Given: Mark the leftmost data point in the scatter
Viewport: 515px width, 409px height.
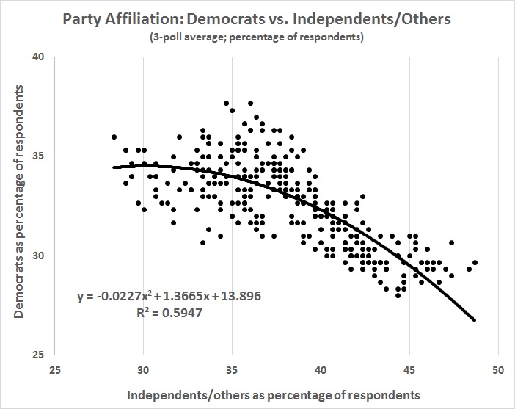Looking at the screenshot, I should (x=114, y=137).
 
